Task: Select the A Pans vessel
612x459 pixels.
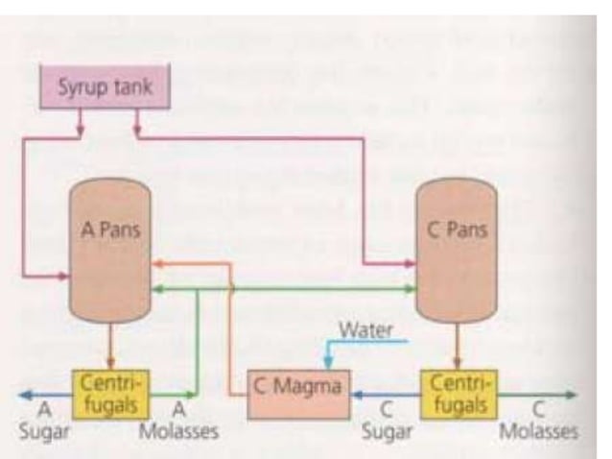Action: pyautogui.click(x=110, y=250)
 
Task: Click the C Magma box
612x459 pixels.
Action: pyautogui.click(x=297, y=394)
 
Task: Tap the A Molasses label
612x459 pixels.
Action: pyautogui.click(x=179, y=423)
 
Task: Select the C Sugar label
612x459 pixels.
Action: pyautogui.click(x=387, y=423)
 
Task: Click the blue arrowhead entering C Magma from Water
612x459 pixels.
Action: pyautogui.click(x=329, y=363)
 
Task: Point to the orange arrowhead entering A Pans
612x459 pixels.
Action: pyautogui.click(x=158, y=260)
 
